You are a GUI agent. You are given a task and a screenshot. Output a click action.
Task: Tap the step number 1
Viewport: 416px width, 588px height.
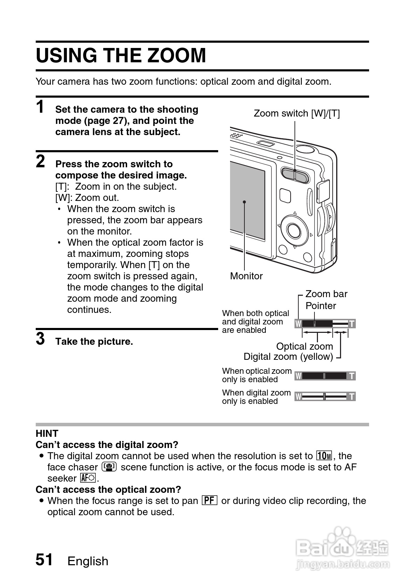[41, 107]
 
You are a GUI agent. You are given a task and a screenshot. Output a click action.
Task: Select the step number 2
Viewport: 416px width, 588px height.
[41, 162]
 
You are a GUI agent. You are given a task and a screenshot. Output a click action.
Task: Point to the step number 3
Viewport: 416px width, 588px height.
[41, 339]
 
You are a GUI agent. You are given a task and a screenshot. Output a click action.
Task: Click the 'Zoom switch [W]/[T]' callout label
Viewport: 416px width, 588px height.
[297, 113]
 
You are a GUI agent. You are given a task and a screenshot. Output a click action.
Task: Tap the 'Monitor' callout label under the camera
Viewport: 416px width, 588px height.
[246, 276]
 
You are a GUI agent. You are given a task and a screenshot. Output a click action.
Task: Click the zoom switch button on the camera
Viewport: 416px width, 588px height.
[295, 175]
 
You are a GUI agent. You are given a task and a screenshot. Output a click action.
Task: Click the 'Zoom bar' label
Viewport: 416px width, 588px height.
[326, 294]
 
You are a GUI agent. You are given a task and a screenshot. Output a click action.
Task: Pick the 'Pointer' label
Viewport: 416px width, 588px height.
[320, 306]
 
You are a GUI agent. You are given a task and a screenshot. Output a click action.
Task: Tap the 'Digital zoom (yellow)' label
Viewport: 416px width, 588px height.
[288, 357]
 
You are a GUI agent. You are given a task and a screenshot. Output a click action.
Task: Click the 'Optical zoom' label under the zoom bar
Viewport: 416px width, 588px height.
[304, 346]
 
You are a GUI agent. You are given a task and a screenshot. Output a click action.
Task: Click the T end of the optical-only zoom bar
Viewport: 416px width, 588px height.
[352, 376]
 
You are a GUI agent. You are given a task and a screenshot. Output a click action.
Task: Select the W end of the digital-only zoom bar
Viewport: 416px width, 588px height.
[298, 397]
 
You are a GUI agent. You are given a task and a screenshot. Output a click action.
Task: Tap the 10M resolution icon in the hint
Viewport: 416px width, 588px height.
[324, 456]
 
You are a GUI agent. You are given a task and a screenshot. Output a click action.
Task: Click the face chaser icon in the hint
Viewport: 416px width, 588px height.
[109, 467]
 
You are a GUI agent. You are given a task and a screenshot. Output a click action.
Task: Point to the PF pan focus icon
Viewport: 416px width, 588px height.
[209, 500]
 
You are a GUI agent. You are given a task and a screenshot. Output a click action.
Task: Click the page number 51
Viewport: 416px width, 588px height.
[44, 560]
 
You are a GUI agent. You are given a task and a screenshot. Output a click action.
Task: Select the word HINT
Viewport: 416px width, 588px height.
[47, 434]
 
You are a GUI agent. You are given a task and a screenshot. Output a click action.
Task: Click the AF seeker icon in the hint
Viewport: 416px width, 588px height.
[88, 478]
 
